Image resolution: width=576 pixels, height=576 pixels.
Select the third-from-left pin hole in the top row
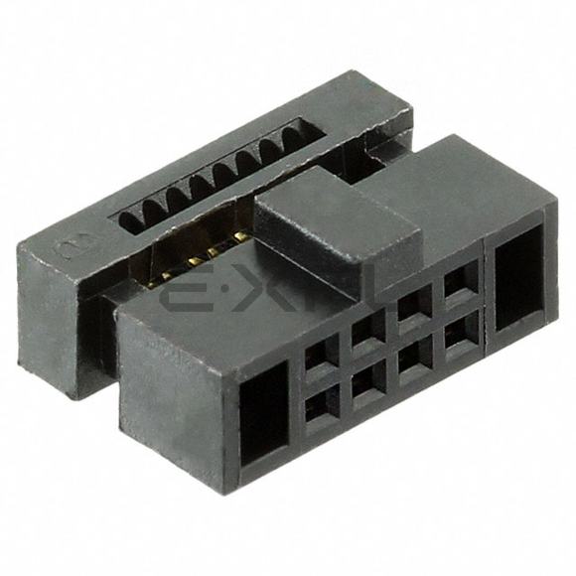pos(413,302)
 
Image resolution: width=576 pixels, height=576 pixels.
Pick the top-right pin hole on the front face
pos(459,281)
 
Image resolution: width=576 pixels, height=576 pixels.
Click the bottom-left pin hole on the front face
pos(321,405)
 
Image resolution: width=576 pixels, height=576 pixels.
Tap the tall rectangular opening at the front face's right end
pos(519,276)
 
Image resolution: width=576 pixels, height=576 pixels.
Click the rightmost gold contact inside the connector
pos(241,236)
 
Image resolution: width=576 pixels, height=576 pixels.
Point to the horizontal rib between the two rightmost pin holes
pos(460,307)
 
